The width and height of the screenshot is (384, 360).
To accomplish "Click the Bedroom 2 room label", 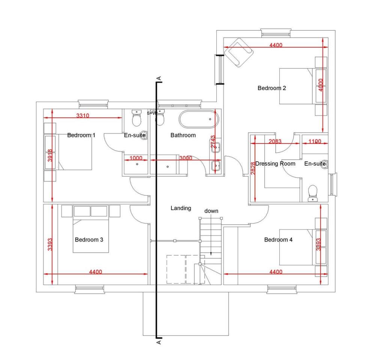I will pos(272,88).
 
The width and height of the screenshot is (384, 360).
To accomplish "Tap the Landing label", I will pos(181,208).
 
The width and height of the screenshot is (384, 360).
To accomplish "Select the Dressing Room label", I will pos(275,163).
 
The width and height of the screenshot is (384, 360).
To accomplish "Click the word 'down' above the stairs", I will pos(211,211).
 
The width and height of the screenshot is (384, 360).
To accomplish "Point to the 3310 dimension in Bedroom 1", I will pos(83,115).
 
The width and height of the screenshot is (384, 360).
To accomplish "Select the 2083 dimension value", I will pos(276,141).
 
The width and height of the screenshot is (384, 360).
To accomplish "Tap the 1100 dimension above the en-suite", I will pos(315,141).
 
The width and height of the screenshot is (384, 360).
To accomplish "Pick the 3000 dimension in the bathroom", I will pos(186,158).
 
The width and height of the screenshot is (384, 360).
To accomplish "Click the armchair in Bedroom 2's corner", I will pos(239,52).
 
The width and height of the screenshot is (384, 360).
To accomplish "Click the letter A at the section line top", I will pos(159,78).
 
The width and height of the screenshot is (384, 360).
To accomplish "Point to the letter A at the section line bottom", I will pos(159,342).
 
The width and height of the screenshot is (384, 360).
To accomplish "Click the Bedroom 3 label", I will pos(89,240).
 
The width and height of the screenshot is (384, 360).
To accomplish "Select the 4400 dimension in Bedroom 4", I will pos(276,272).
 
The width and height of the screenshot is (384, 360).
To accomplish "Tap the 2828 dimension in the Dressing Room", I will pos(253,169).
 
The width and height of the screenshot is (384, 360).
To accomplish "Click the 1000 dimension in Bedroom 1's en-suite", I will pos(136,158).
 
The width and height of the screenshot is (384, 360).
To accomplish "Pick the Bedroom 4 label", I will pos(278,240).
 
